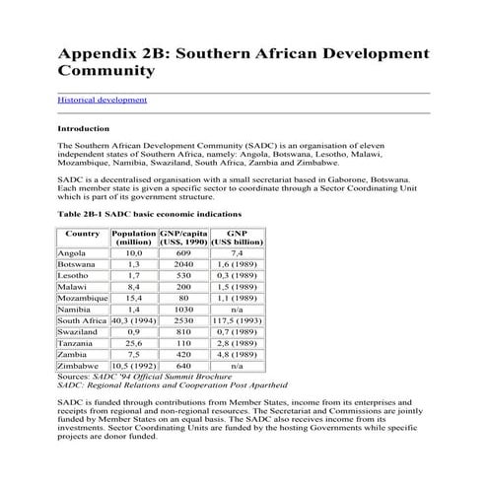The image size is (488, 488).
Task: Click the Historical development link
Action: [103, 100]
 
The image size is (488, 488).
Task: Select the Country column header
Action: [82, 233]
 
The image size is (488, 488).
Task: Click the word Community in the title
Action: [105, 71]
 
